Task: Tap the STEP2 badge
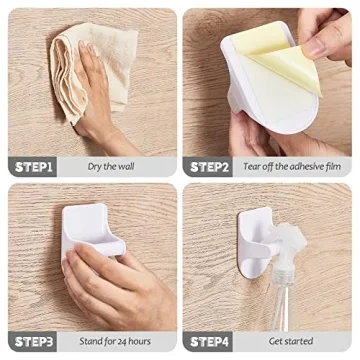[210, 166]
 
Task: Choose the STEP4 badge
[210, 340]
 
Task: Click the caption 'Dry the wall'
[112, 166]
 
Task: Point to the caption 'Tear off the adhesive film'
[293, 166]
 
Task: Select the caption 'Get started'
[291, 340]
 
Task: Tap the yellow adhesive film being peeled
[285, 60]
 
